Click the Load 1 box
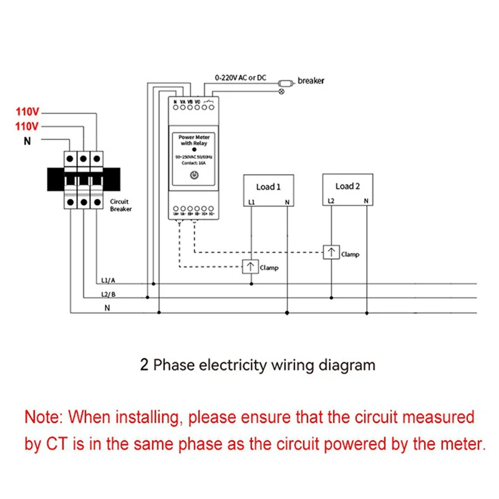tap(268, 190)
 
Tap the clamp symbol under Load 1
tap(251, 267)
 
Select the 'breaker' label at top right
tap(311, 80)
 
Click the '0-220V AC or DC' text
tap(240, 78)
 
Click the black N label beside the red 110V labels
tap(27, 142)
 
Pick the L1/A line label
tap(108, 281)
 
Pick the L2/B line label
tap(108, 294)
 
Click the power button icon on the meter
tap(193, 176)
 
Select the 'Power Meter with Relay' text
tap(193, 140)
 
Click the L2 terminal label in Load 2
tap(331, 201)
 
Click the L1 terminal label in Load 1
tap(251, 201)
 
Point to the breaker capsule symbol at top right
tap(286, 82)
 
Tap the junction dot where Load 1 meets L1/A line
tap(251, 284)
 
